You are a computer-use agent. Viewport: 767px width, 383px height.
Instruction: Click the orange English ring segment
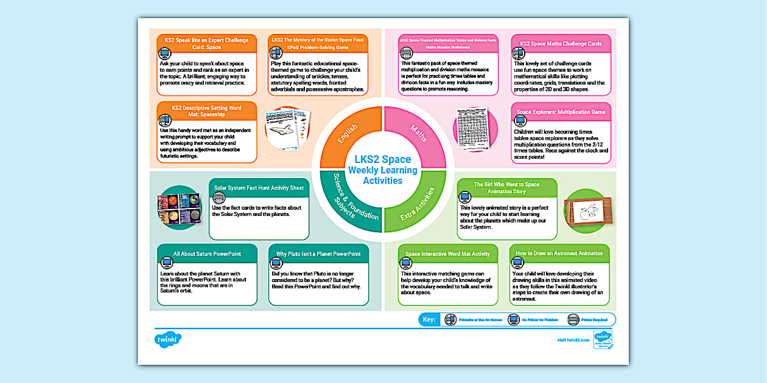click(x=349, y=134)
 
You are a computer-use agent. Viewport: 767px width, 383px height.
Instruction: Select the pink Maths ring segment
click(x=418, y=134)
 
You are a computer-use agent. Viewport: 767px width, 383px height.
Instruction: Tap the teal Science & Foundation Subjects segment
click(x=348, y=204)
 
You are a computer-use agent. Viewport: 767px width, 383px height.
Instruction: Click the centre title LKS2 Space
click(x=383, y=160)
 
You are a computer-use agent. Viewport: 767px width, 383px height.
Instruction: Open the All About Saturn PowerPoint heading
click(x=207, y=254)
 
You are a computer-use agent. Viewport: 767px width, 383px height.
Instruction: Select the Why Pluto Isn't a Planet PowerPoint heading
click(x=318, y=254)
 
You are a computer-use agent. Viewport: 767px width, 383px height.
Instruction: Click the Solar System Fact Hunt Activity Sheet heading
click(x=259, y=188)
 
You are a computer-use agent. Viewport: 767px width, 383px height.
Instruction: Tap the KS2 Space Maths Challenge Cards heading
click(x=561, y=44)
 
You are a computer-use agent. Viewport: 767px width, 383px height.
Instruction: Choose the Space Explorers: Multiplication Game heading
click(x=561, y=112)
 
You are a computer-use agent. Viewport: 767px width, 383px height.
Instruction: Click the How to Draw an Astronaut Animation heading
click(x=559, y=254)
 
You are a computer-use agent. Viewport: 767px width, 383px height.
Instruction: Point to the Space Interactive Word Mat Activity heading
click(x=447, y=254)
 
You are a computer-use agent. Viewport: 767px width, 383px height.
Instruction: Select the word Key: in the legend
click(x=429, y=319)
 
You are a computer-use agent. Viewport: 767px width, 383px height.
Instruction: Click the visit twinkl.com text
click(x=573, y=340)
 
